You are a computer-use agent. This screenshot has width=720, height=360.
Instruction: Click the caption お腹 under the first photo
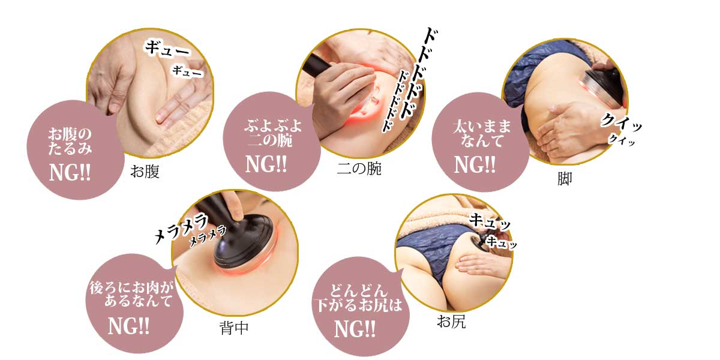145,172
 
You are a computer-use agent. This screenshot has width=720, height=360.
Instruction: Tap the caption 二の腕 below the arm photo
359,169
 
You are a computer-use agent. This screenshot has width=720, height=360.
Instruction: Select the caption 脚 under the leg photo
565,179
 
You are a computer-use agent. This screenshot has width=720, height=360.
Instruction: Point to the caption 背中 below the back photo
234,328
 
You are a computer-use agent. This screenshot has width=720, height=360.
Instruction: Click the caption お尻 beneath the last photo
451,322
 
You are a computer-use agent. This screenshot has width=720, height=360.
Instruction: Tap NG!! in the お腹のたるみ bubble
70,173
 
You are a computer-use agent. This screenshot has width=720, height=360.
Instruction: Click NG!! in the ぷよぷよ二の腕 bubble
266,164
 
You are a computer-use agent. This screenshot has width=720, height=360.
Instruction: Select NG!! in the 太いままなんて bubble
475,165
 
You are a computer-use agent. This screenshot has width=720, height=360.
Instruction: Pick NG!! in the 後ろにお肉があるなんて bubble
128,326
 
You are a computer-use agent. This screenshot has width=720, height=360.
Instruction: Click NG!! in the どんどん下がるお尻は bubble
355,329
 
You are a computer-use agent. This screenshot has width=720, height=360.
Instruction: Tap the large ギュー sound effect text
167,49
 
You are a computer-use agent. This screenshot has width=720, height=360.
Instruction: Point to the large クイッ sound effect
620,122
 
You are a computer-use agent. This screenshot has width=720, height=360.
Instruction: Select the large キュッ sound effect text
490,223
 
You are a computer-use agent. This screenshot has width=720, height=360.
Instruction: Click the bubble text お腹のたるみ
70,142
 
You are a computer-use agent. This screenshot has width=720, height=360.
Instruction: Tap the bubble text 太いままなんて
482,133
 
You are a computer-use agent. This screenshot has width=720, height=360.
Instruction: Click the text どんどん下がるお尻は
358,298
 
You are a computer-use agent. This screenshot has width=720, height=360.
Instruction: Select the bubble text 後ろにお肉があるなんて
131,294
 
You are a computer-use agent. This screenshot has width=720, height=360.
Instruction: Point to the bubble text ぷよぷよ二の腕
273,133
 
